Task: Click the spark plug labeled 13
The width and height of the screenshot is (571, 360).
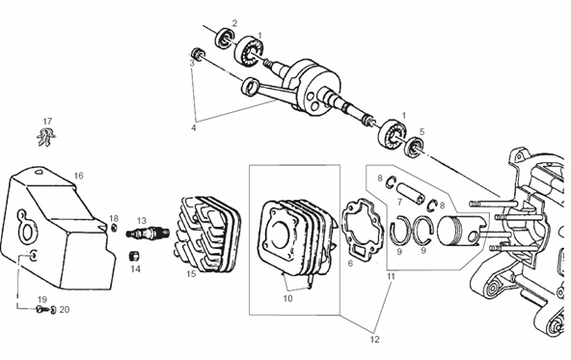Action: point(148,233)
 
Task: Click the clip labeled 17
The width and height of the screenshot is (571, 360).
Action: point(46,137)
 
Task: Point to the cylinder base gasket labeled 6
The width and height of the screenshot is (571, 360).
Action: point(362,229)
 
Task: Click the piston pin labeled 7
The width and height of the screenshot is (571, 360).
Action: point(411,194)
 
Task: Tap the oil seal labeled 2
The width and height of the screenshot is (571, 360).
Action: point(225,38)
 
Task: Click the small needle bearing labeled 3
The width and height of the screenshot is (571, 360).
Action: point(198,53)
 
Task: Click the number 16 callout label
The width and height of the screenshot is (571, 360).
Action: point(79,176)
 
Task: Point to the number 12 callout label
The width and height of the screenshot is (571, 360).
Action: point(374,339)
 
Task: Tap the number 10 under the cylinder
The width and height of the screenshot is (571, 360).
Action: point(287,298)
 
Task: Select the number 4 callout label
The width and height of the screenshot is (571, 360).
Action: point(193,128)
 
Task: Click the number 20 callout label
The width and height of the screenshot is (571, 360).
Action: point(65,310)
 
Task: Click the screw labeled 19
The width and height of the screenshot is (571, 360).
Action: point(41,310)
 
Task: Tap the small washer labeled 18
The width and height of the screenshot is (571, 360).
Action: point(114,228)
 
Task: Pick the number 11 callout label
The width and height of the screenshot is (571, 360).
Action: point(391,276)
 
